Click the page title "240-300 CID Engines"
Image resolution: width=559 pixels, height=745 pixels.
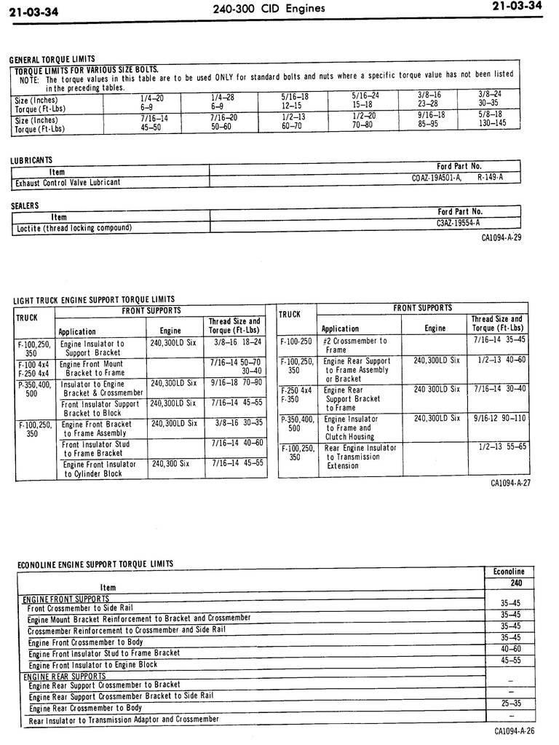269,9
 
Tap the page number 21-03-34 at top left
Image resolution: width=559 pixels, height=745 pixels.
34,10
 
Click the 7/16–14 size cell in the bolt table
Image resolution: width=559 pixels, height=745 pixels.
154,117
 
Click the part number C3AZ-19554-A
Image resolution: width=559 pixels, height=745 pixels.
458,224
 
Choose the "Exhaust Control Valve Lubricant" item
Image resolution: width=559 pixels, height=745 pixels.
68,182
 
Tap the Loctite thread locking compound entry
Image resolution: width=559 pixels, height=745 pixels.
74,228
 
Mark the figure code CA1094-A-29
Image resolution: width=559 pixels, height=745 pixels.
501,238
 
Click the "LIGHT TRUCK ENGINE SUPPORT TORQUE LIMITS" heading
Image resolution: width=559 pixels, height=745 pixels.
94,299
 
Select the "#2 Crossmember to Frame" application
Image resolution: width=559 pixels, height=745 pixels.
354,345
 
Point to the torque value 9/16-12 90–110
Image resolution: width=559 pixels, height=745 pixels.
499,419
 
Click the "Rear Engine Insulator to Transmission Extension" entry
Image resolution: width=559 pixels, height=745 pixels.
360,457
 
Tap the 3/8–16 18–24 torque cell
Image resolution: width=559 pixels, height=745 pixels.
238,342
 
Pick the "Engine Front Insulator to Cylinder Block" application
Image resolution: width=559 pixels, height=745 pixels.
98,468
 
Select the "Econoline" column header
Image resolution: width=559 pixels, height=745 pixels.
508,572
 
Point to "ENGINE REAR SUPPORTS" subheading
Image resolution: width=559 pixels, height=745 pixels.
64,677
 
